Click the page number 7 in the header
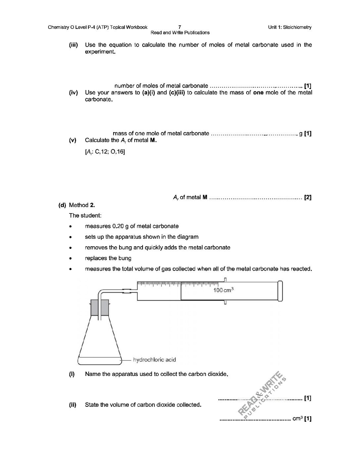pos(179,27)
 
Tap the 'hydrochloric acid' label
pos(154,360)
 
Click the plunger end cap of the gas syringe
pos(281,291)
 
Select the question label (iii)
pos(73,45)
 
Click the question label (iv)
pos(73,93)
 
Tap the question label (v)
pos(73,140)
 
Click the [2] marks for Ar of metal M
pos(308,198)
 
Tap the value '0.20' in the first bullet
pos(118,226)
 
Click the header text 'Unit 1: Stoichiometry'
pos(290,27)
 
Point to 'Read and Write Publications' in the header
pos(180,32)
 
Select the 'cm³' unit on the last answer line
pos(297,419)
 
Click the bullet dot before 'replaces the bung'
pos(70,258)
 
